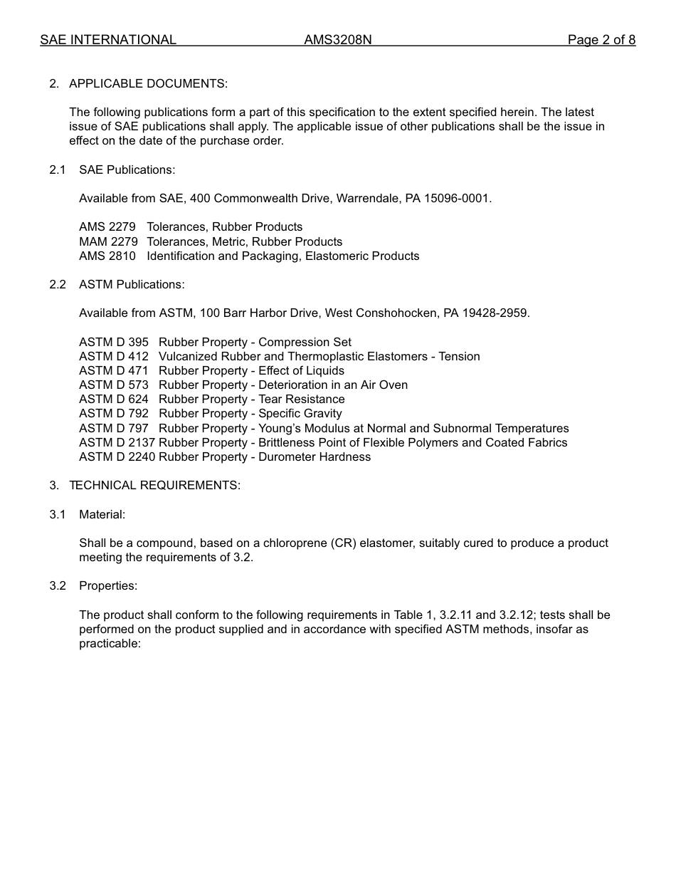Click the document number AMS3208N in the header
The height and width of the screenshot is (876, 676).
(x=337, y=40)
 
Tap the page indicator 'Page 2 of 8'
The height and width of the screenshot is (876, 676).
(x=601, y=40)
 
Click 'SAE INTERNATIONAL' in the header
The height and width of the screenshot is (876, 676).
(x=108, y=40)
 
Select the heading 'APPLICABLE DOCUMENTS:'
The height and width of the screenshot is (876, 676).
(x=148, y=84)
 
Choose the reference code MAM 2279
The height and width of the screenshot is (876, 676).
(x=108, y=241)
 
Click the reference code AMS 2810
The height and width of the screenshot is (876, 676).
(x=107, y=256)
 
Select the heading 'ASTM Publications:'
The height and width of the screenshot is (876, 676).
(x=132, y=284)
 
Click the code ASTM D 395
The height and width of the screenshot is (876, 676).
(x=114, y=342)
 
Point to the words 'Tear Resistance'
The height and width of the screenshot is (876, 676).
(x=302, y=399)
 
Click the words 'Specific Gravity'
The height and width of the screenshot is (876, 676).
(x=300, y=413)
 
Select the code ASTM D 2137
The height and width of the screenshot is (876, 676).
(x=117, y=442)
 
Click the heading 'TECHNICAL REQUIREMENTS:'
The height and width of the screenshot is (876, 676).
(x=154, y=485)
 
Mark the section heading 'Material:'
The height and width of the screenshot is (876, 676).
(x=102, y=514)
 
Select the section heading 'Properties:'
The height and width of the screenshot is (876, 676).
(x=108, y=585)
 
